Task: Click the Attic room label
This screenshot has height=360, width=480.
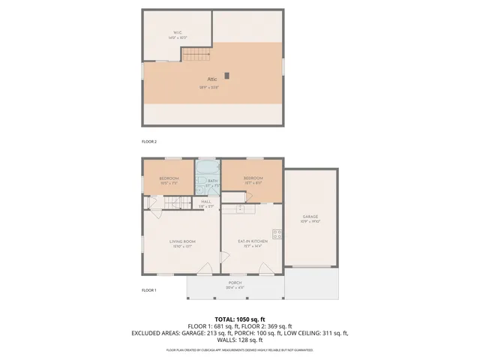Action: (213, 79)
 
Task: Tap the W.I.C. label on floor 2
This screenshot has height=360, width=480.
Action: (178, 32)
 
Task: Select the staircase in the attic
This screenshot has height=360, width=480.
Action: (196, 54)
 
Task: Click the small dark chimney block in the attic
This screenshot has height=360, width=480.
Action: (233, 74)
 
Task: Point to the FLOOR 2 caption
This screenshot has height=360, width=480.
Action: (149, 141)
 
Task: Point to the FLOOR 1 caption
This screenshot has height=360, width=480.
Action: (149, 289)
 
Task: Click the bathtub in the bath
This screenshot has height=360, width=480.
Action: (208, 169)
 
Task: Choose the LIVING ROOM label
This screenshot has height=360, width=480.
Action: (182, 241)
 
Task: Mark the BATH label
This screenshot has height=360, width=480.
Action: (212, 181)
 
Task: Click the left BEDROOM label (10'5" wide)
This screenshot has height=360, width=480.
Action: (167, 178)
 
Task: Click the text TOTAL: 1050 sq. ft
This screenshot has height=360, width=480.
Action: (239, 318)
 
